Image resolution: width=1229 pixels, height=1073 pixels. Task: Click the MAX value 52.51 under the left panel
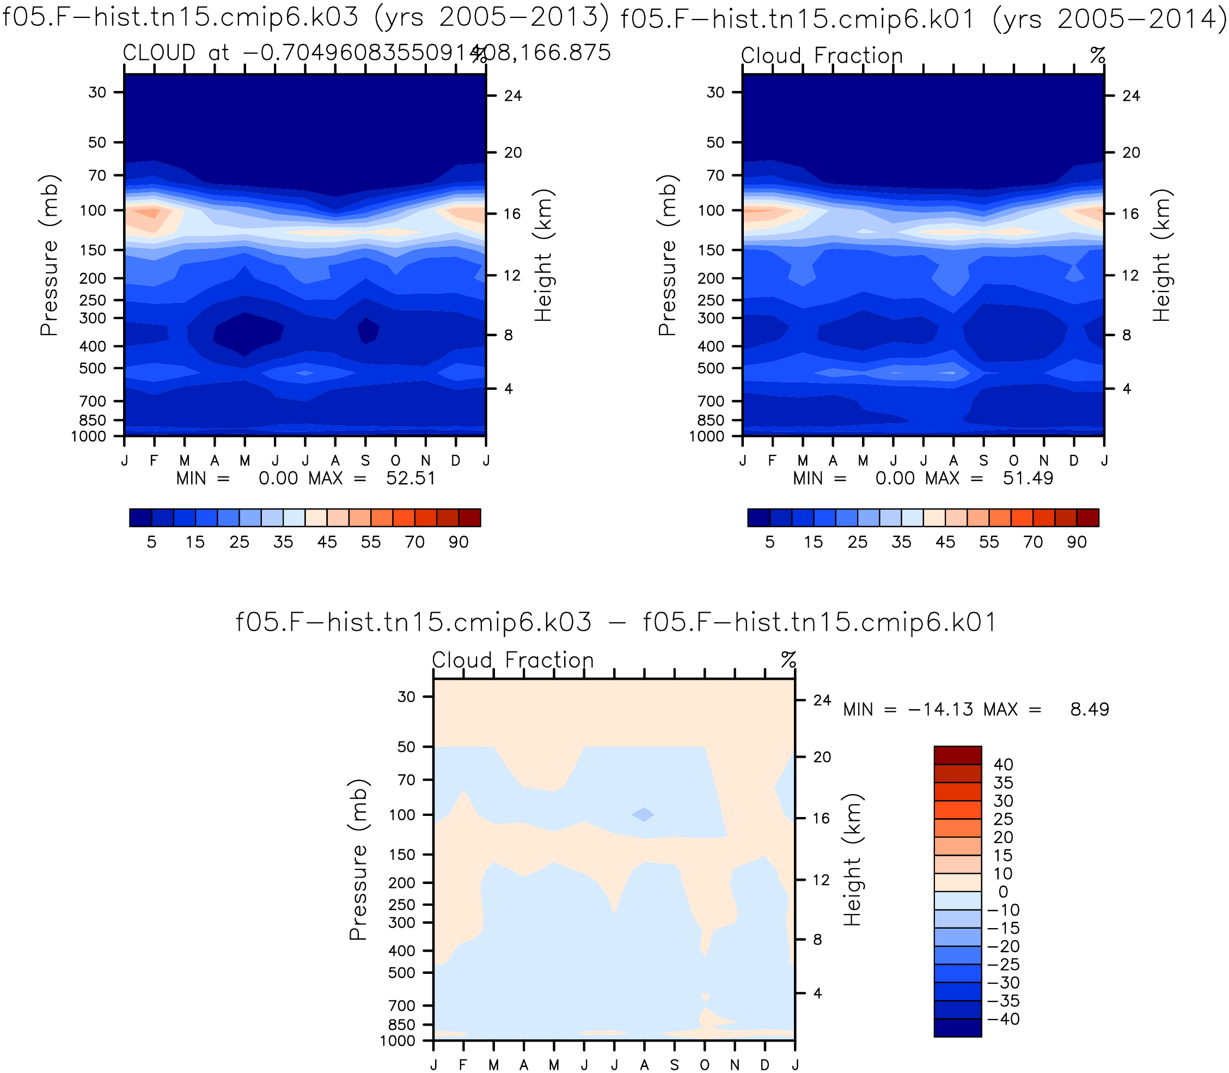(x=411, y=478)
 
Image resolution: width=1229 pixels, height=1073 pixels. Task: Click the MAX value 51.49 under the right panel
(x=1028, y=478)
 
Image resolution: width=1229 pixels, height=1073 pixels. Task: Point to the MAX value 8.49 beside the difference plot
(x=1090, y=710)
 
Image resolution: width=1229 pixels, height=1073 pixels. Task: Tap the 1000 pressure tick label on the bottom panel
(x=397, y=1041)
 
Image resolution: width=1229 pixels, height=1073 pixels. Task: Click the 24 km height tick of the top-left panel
(x=513, y=96)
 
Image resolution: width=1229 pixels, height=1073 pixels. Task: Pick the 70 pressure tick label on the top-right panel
(x=716, y=175)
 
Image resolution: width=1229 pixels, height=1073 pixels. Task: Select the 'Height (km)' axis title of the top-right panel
(x=1161, y=255)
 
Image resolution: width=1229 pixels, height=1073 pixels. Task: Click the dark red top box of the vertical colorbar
(x=958, y=755)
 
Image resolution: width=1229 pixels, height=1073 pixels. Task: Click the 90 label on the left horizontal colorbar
(x=458, y=542)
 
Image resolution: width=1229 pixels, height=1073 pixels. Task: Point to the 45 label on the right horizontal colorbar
(x=945, y=542)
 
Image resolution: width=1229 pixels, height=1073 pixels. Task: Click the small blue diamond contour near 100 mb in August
(x=644, y=814)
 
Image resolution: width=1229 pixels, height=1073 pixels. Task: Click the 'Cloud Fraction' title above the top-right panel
(x=822, y=56)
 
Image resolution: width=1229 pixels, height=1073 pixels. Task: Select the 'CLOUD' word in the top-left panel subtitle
(x=159, y=53)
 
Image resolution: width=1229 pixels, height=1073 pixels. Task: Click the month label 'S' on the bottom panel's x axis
(x=675, y=1065)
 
